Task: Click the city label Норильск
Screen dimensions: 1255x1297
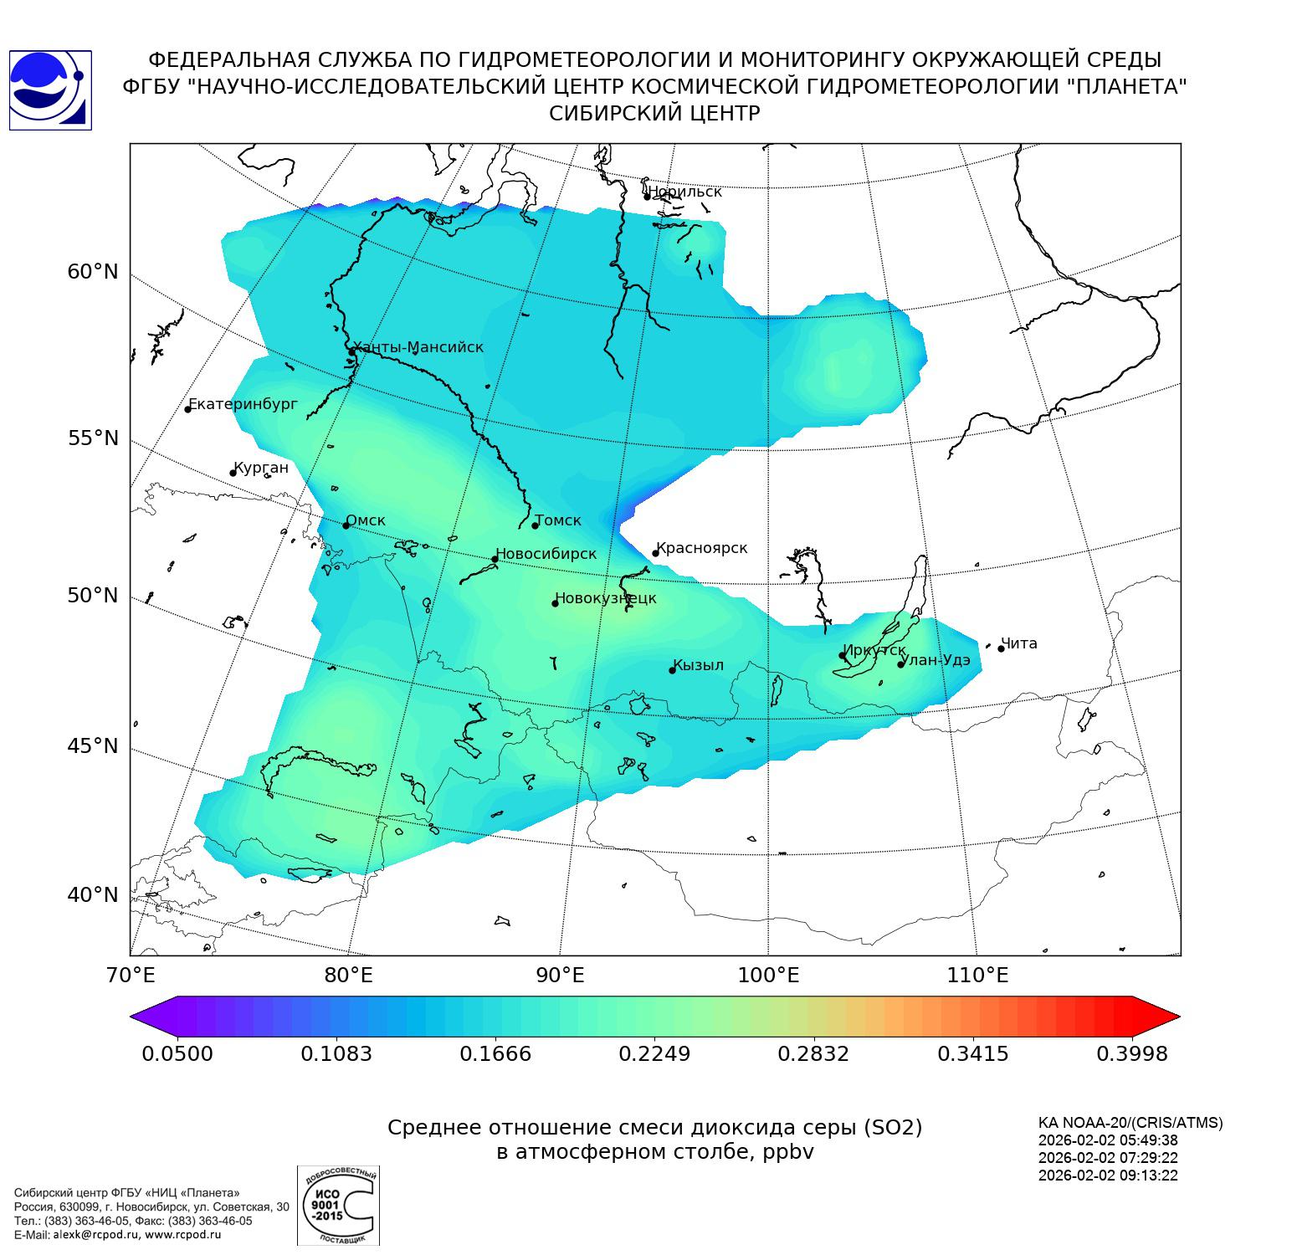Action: point(684,192)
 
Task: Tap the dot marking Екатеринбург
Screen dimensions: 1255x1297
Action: point(188,409)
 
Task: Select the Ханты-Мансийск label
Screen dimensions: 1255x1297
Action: point(418,347)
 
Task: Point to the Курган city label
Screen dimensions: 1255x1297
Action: point(261,468)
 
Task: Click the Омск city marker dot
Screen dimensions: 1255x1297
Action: point(346,525)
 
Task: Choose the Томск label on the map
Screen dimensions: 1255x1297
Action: point(558,520)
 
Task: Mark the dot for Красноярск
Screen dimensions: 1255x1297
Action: point(656,553)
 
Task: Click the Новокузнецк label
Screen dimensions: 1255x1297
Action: point(607,598)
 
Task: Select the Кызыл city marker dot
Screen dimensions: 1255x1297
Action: point(672,670)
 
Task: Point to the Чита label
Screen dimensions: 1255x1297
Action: point(1019,643)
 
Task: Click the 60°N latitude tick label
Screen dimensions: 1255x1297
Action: point(93,272)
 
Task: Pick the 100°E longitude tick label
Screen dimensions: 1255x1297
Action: point(768,975)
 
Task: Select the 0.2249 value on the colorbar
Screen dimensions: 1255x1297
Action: point(654,1053)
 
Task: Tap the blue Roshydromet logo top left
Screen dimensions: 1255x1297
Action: point(49,90)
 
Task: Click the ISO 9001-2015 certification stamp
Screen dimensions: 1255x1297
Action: point(338,1205)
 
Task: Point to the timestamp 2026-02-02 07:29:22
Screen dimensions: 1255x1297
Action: point(1108,1158)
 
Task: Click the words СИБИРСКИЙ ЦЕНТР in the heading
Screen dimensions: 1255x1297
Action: point(654,114)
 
